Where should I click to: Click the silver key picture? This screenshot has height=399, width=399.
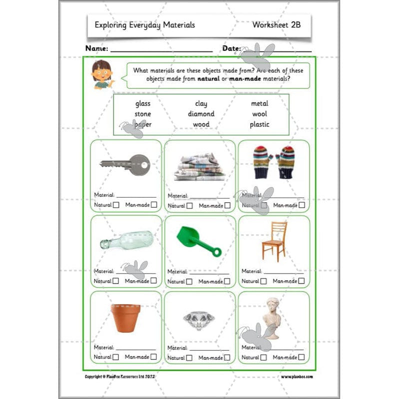125,163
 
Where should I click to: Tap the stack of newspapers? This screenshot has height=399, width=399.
199,167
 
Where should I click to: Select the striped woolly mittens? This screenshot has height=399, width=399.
273,161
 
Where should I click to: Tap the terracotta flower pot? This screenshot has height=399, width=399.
123,317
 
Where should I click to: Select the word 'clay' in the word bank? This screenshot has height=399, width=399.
201,104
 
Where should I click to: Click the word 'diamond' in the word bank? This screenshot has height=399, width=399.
201,114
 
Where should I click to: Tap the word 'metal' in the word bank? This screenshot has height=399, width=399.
259,104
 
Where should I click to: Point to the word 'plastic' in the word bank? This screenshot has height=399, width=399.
259,124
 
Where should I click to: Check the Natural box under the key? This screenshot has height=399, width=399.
116,204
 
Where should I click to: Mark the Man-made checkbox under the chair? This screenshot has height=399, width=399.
301,281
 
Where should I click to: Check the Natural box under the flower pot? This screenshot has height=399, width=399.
116,357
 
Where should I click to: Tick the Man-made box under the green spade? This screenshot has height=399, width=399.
227,281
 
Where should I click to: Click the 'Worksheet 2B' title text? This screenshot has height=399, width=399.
276,24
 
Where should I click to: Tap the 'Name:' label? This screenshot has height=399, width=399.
96,48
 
